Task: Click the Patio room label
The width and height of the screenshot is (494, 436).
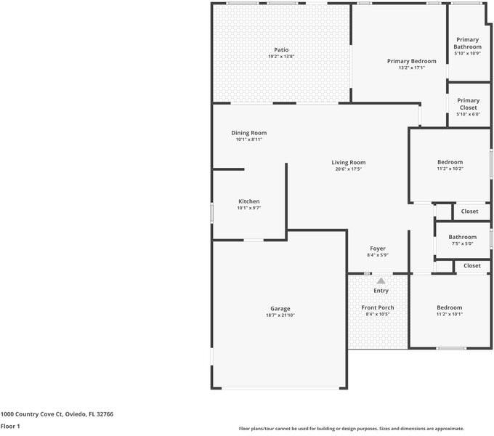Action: click(x=280, y=50)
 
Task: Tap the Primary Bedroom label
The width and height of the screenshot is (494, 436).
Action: click(x=411, y=61)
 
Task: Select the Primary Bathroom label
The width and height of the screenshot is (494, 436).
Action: click(x=468, y=44)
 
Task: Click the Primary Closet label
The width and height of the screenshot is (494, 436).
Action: click(x=468, y=104)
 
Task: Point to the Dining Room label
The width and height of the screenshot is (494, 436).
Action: click(x=248, y=133)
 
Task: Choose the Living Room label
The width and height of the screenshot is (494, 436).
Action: click(x=349, y=163)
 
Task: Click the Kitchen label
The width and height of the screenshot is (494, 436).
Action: click(x=248, y=201)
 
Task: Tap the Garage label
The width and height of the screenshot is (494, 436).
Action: click(x=280, y=309)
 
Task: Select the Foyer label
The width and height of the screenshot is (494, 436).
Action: click(x=378, y=249)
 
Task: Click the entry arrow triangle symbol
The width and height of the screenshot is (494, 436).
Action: click(x=381, y=280)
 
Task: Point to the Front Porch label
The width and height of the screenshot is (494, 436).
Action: click(x=378, y=307)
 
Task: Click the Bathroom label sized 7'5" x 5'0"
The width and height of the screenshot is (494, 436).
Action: click(x=462, y=237)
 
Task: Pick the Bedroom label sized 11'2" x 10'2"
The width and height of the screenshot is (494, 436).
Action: click(x=450, y=162)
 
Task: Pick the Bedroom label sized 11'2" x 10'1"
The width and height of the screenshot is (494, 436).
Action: click(x=449, y=307)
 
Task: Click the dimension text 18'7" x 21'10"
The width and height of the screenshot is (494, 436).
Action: click(x=280, y=315)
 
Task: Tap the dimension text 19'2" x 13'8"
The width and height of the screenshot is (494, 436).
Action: click(x=280, y=57)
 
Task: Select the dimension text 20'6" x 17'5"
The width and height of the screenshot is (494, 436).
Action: click(x=349, y=169)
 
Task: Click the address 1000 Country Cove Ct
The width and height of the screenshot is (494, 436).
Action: click(x=57, y=413)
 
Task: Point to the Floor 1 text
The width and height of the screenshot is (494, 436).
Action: click(x=10, y=426)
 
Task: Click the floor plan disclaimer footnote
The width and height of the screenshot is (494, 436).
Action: click(x=351, y=429)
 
